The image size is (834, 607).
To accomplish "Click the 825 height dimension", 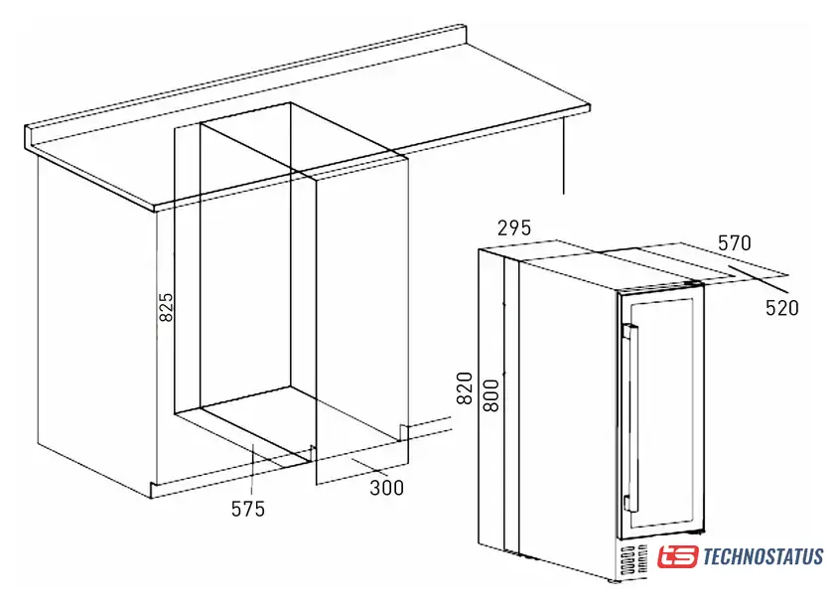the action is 167,307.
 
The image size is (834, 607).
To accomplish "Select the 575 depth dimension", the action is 248,509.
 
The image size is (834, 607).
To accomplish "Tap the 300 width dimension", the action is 386,488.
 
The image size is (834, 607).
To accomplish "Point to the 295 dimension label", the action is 514,228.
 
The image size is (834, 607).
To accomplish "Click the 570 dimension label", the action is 735,243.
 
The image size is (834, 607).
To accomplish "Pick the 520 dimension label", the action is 782,308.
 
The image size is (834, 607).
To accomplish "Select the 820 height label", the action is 465,388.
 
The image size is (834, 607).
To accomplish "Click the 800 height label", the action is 491,395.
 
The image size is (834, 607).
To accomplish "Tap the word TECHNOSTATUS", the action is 764,557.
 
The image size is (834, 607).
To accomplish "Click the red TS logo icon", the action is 677,557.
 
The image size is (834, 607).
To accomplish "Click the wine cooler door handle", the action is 630,417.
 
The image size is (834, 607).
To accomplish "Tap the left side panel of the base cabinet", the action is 95,325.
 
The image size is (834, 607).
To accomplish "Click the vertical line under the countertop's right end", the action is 563,155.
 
